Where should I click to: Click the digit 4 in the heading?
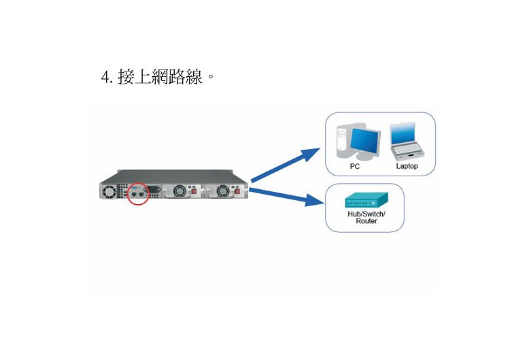[x=105, y=78]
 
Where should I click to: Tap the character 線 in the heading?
[x=194, y=77]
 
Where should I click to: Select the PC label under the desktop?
[x=354, y=166]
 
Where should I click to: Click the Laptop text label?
[x=407, y=166]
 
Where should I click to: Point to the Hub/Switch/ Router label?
[x=367, y=218]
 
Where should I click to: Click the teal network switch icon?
[x=367, y=200]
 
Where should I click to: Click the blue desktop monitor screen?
[x=364, y=142]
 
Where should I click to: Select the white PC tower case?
[x=342, y=140]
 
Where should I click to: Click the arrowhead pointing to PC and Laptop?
[x=311, y=154]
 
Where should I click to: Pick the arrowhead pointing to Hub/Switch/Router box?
[x=315, y=199]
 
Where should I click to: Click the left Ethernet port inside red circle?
[x=135, y=194]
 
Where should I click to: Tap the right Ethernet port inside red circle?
[x=141, y=194]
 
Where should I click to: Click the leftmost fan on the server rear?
[x=109, y=191]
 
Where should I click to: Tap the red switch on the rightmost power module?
[x=237, y=191]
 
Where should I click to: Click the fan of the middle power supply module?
[x=179, y=191]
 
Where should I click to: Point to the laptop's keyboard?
[x=407, y=150]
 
